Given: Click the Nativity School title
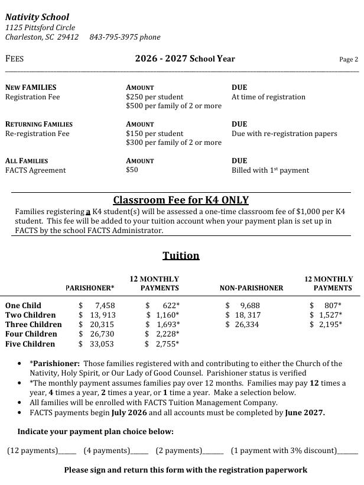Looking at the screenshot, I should [x=37, y=17].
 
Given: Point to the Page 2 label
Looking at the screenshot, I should [x=349, y=59].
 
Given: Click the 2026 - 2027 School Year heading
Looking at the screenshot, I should [x=185, y=59].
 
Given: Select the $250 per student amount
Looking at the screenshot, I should [x=155, y=97].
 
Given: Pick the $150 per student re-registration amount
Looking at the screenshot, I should [x=155, y=134].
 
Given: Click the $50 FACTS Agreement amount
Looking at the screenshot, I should [x=132, y=170].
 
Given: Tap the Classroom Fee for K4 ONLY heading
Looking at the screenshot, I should [x=181, y=200].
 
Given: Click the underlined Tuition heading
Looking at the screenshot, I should [x=181, y=256].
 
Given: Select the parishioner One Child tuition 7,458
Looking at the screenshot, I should [x=105, y=306].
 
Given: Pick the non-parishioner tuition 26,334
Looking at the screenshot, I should [x=247, y=325].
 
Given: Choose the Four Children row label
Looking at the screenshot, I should [x=30, y=334].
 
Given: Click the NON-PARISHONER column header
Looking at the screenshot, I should [x=251, y=288].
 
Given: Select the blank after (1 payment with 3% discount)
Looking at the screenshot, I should [x=347, y=451].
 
